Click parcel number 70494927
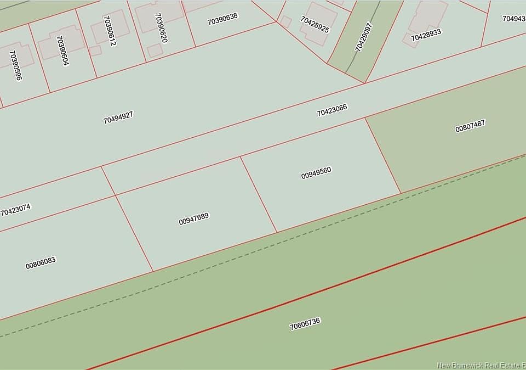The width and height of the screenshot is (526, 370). (x=118, y=117)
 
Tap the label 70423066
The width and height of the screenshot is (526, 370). (x=332, y=110)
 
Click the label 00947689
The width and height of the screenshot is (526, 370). (x=194, y=218)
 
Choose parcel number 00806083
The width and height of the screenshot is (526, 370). (x=41, y=263)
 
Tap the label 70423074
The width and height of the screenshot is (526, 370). (x=16, y=210)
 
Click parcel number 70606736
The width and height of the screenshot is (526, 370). (x=305, y=324)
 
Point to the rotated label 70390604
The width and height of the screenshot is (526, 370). (x=62, y=51)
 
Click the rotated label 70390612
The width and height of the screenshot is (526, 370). (x=109, y=31)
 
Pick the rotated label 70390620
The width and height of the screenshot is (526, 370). (x=161, y=28)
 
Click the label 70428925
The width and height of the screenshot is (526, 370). (x=315, y=24)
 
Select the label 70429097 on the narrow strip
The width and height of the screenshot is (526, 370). (x=364, y=37)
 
